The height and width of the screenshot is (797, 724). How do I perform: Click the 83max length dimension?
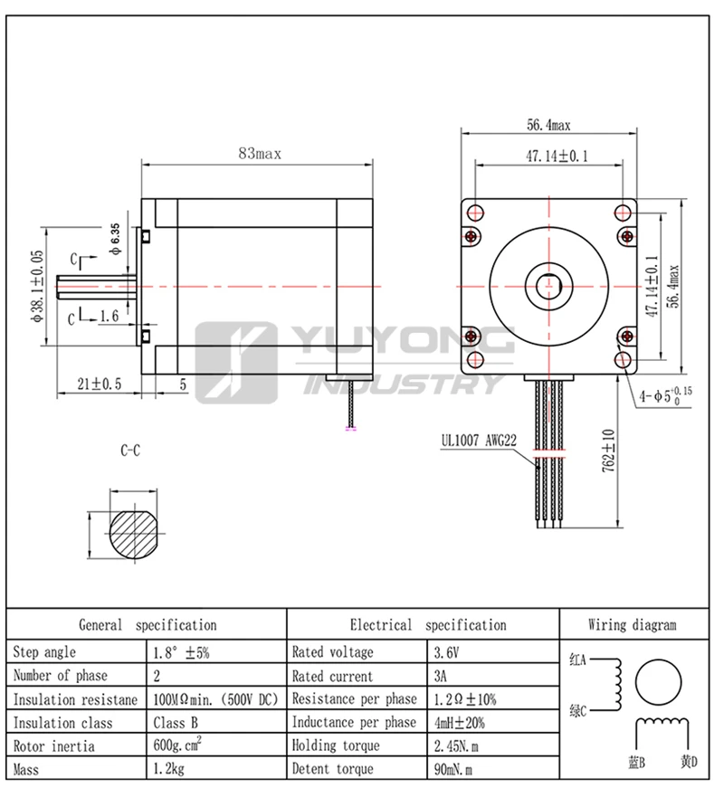coord(260,154)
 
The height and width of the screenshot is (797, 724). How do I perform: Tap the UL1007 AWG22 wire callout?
coord(479,441)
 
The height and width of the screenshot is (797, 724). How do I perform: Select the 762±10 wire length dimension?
coord(608,451)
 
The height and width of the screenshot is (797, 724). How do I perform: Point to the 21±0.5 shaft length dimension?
coord(100,384)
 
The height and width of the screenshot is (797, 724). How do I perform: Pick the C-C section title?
coord(130,451)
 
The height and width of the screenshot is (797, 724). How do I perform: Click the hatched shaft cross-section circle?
coord(134,534)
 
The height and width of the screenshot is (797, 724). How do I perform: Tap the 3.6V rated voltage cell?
coord(446,652)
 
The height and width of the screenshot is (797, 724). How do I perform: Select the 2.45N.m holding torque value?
coord(456,746)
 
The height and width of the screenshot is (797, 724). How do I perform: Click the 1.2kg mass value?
coord(169,769)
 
